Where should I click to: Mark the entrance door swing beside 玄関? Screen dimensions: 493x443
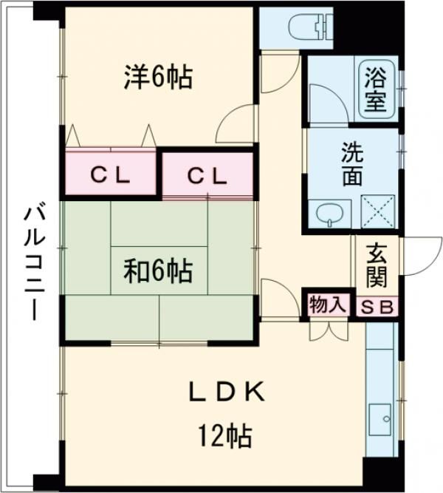coord(413,255)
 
